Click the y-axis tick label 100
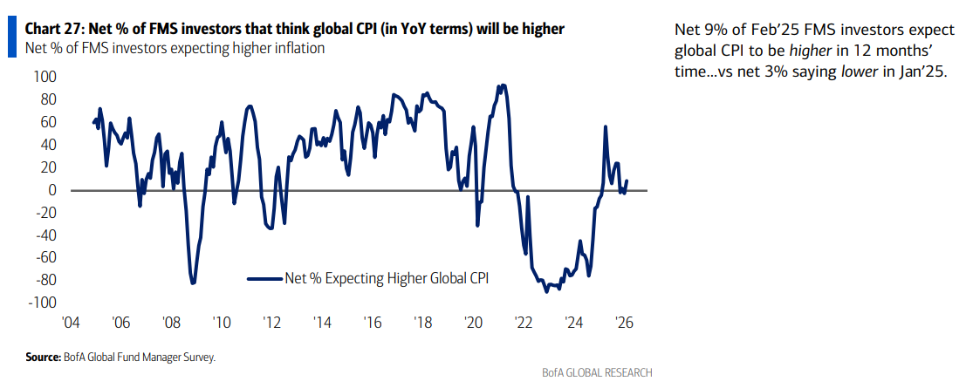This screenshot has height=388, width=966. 42,77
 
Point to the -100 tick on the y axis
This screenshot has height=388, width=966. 40,303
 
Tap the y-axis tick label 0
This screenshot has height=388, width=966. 49,190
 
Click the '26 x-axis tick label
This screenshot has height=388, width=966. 623,323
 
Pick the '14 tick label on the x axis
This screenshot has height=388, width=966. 322,323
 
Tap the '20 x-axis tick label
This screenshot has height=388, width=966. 472,323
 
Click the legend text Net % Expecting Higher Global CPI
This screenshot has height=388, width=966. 387,278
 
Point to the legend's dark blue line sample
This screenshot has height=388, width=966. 264,278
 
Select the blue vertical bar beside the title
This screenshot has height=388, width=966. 11,37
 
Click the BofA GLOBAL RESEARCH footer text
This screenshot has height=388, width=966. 596,372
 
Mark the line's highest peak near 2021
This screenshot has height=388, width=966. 503,85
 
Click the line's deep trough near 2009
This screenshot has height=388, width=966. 193,282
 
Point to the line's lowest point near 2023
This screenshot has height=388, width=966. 546,291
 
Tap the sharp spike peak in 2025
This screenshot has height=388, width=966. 605,126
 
